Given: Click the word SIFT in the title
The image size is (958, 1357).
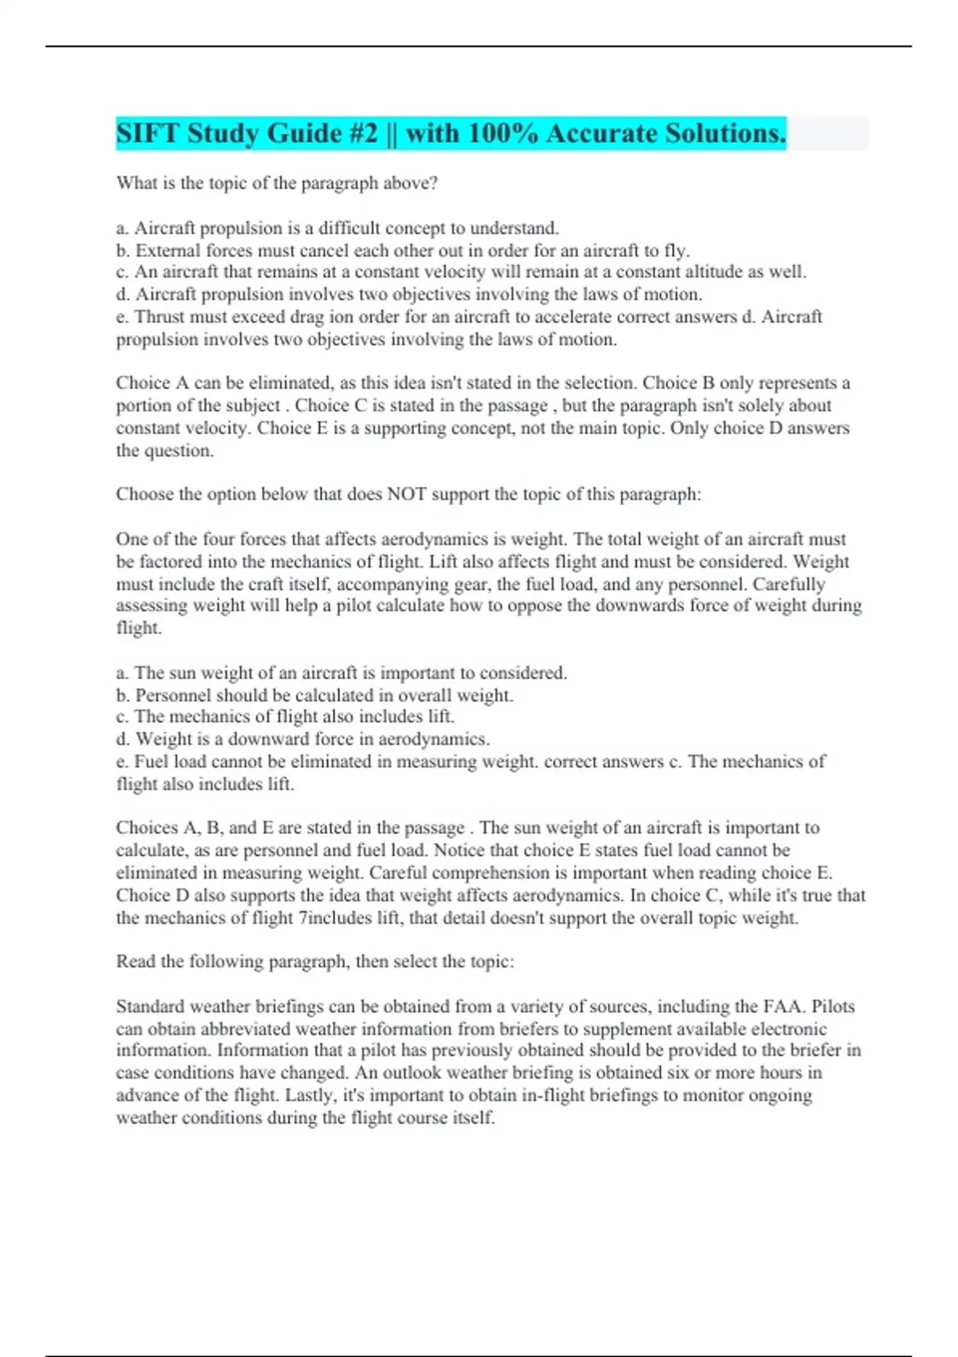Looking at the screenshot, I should (148, 133).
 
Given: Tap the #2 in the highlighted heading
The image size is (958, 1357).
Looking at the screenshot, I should (363, 133).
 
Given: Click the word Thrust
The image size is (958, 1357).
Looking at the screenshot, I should (159, 317).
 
